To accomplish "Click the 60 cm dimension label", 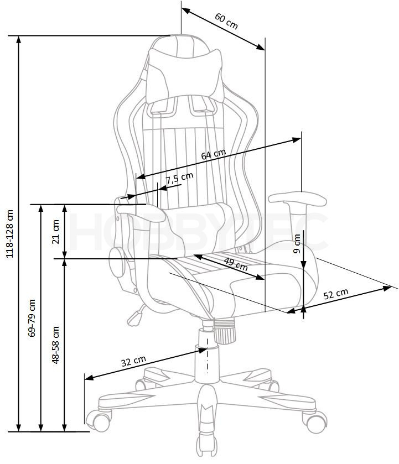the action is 226,21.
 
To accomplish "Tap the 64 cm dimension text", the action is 213,154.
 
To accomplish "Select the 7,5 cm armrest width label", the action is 179,178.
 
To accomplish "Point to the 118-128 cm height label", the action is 10,234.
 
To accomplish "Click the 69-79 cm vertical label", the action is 32,318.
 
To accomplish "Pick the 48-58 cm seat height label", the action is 55,345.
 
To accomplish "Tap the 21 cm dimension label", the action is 56,232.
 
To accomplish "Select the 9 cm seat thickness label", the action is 297,243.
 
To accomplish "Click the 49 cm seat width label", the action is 236,264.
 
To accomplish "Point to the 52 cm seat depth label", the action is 335,294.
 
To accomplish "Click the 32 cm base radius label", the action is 133,361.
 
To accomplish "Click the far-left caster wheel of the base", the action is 99,420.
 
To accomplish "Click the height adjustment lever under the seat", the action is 136,316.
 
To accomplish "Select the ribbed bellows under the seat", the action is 225,331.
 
